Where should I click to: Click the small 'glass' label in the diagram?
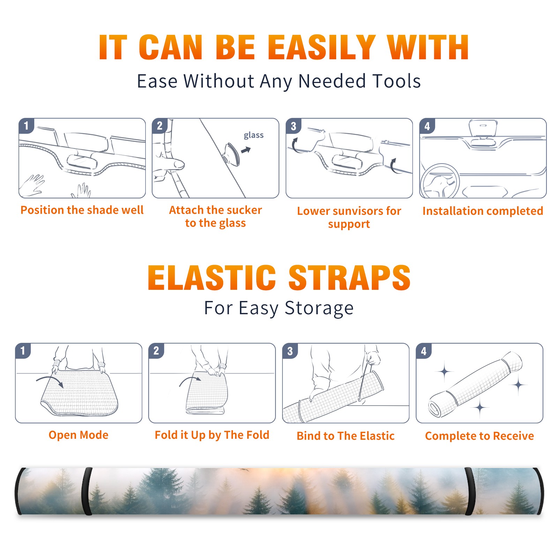point(254,135)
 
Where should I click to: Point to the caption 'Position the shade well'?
point(82,210)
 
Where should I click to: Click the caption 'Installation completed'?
point(483,211)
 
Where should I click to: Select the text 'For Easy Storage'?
point(279,308)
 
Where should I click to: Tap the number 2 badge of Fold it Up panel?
point(156,350)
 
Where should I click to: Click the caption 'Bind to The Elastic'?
point(345,436)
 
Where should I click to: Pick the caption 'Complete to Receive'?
point(479,436)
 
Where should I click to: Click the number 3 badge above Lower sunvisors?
point(293,126)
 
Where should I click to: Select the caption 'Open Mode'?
point(78,435)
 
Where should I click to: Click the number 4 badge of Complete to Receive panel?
point(423,351)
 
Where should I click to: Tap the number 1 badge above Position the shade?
point(26,126)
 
